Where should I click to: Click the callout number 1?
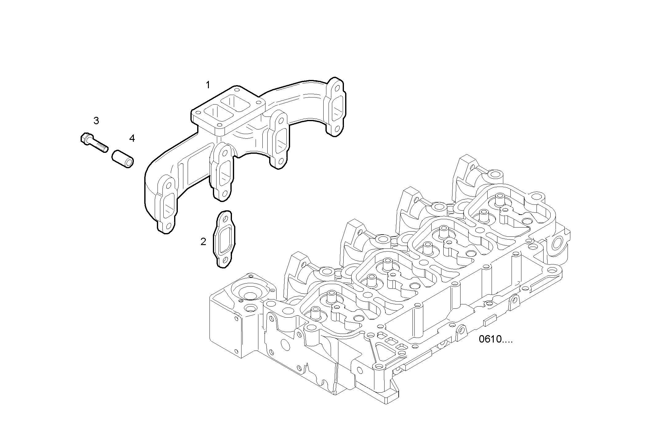coord(208,85)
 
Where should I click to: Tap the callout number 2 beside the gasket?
coord(203,242)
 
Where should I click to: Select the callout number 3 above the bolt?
coord(96,121)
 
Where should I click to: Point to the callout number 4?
coord(132,138)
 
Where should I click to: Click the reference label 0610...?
coord(496,339)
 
